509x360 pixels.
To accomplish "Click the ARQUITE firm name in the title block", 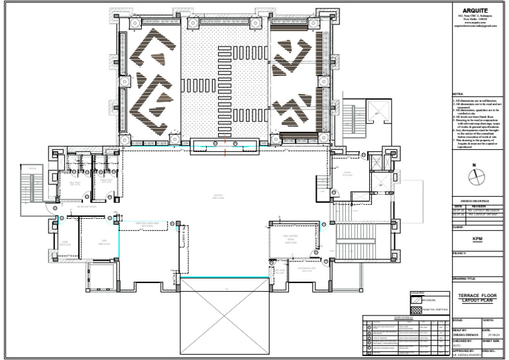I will point(477,9).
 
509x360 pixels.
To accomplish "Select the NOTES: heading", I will point(459,95).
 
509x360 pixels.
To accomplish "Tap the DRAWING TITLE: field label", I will point(464,278).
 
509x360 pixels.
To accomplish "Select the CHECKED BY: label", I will point(464,341).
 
